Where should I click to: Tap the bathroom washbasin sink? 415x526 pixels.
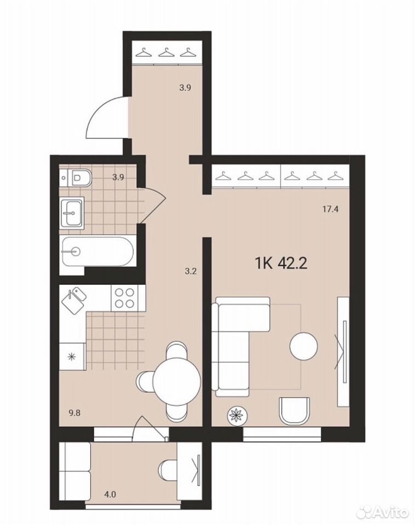[x=71, y=213]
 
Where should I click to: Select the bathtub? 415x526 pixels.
[x=98, y=251]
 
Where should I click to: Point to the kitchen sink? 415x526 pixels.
[x=74, y=301]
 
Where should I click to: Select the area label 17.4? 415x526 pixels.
[x=331, y=210]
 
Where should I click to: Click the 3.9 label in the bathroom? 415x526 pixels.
[x=118, y=178]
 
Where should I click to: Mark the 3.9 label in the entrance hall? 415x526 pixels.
[x=185, y=88]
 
